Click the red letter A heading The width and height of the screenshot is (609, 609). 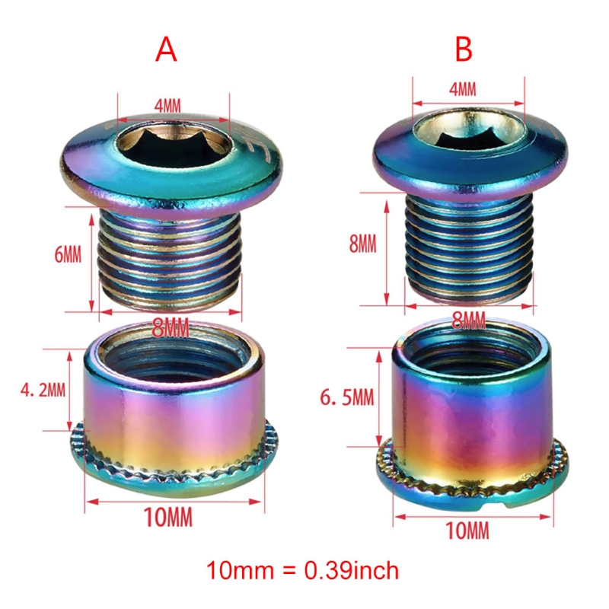click(x=166, y=50)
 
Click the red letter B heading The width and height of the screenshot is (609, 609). click(x=464, y=49)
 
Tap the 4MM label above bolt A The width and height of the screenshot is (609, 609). click(x=167, y=106)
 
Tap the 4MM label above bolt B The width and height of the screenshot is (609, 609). click(x=463, y=89)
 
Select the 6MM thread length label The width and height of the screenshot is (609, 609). click(x=68, y=255)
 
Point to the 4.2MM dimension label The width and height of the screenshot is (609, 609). click(x=43, y=390)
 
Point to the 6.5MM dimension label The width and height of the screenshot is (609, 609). click(x=347, y=397)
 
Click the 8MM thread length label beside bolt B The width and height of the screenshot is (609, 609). click(x=363, y=244)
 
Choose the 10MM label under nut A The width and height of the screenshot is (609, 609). click(x=167, y=517)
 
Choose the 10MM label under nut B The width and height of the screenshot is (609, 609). click(x=467, y=531)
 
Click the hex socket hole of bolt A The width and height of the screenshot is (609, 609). click(x=174, y=144)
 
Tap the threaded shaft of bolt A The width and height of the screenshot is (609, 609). click(x=170, y=258)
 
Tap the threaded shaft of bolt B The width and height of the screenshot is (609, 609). click(x=468, y=249)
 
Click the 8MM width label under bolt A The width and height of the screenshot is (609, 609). click(x=170, y=328)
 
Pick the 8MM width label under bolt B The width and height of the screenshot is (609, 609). click(x=469, y=320)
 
